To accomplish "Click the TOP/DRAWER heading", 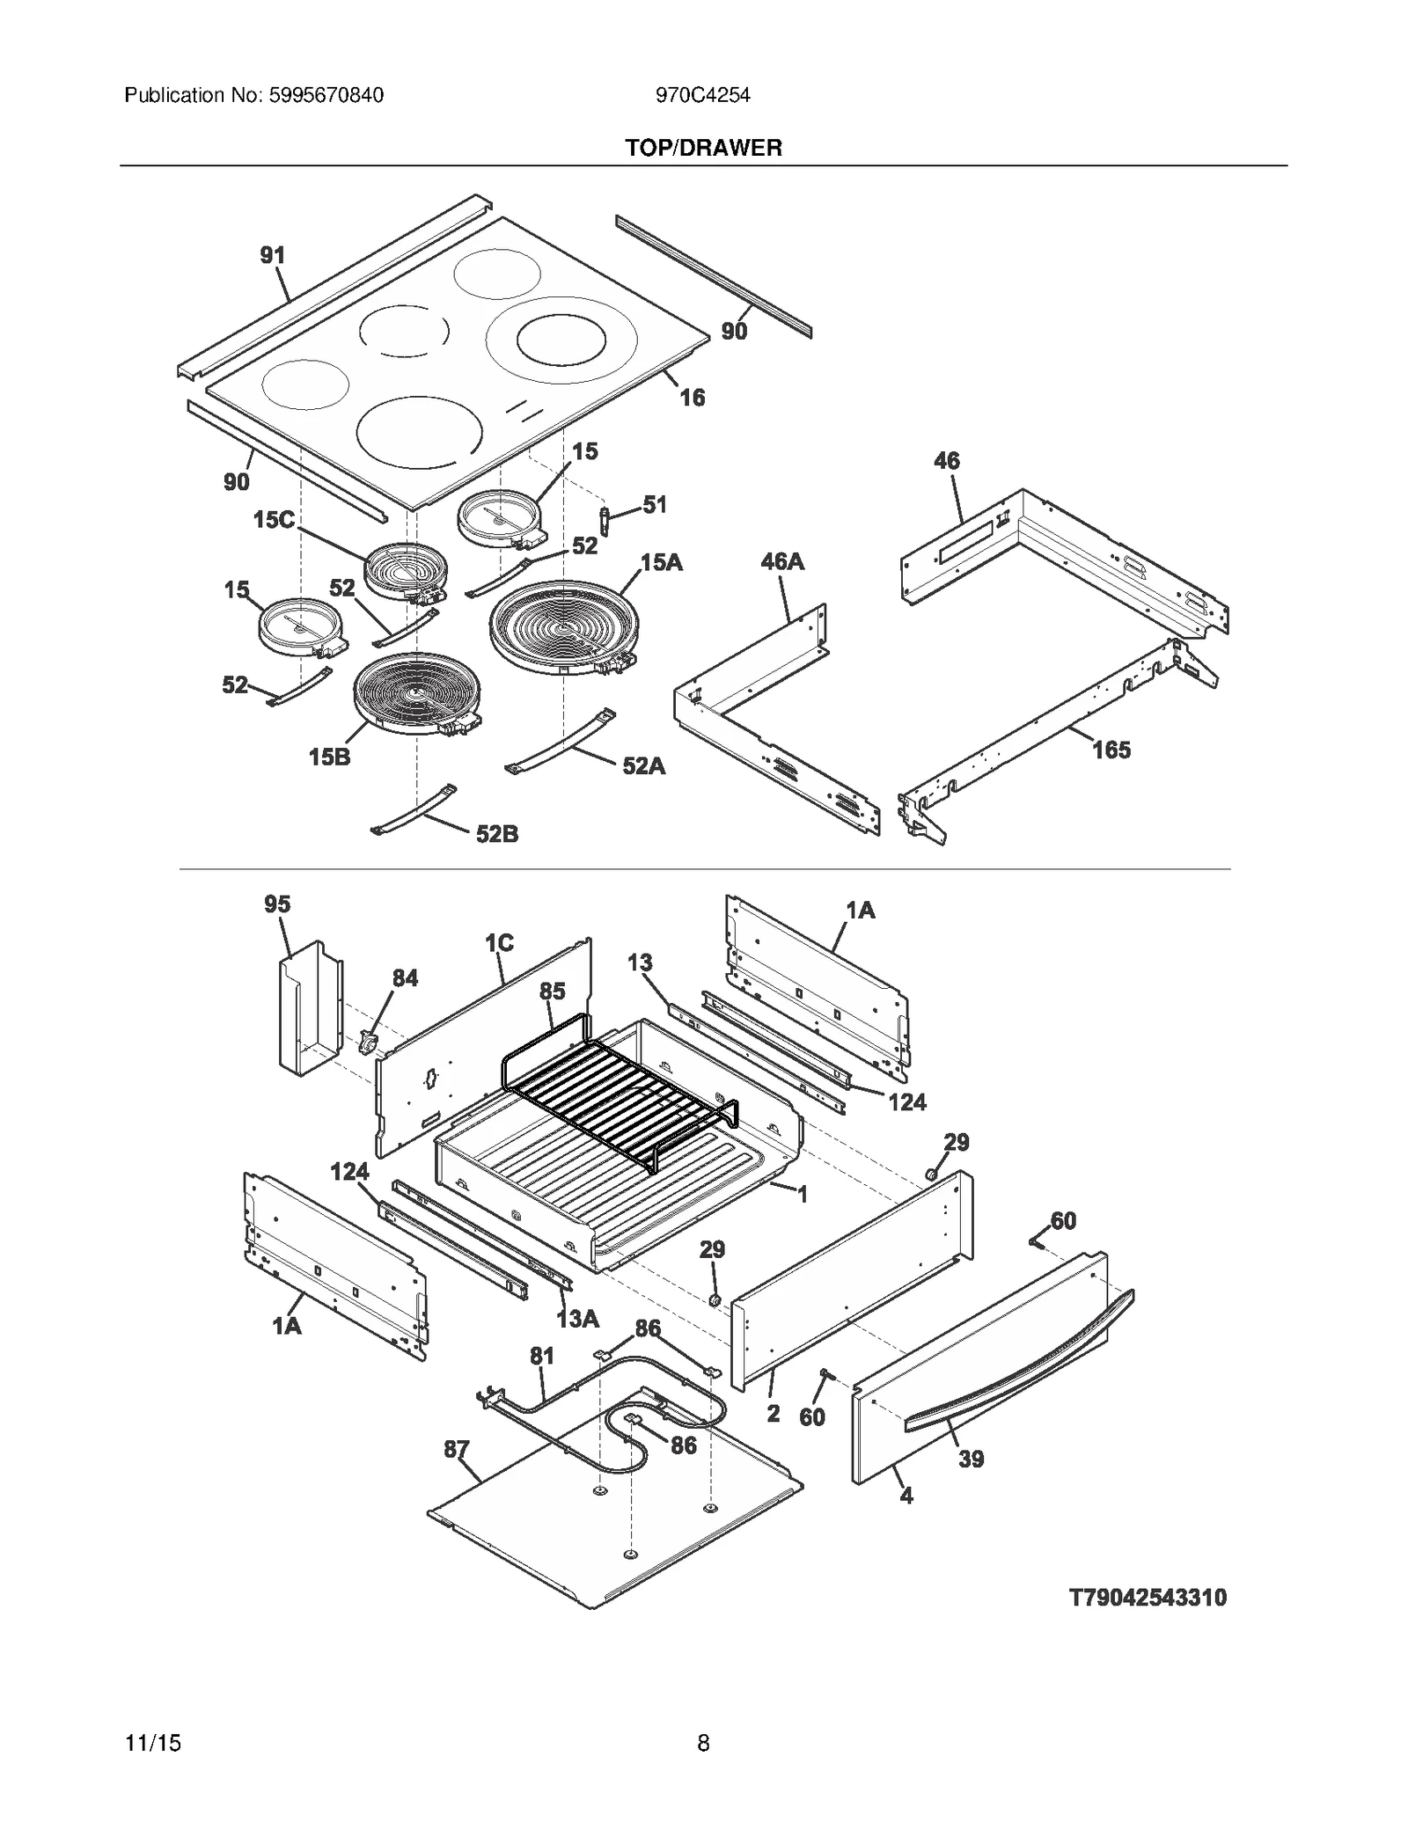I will [x=703, y=148].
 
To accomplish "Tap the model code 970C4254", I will [x=702, y=95].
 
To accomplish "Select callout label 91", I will [x=273, y=255].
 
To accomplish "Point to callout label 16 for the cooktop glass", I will [x=692, y=398].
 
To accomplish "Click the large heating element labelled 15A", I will [x=563, y=628].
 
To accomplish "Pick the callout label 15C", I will [x=274, y=520].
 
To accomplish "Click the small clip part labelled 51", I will [x=605, y=520].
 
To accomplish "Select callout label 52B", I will [x=496, y=833].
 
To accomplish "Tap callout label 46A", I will [x=782, y=561].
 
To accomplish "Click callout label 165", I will [x=1111, y=750].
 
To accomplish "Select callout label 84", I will [x=405, y=977].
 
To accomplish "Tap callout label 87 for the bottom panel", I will [x=456, y=1448].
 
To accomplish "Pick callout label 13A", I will [x=577, y=1318].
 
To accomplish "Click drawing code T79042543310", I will [x=1147, y=1597].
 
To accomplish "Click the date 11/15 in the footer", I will [x=153, y=1742].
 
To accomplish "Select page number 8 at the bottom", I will [x=703, y=1742].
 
